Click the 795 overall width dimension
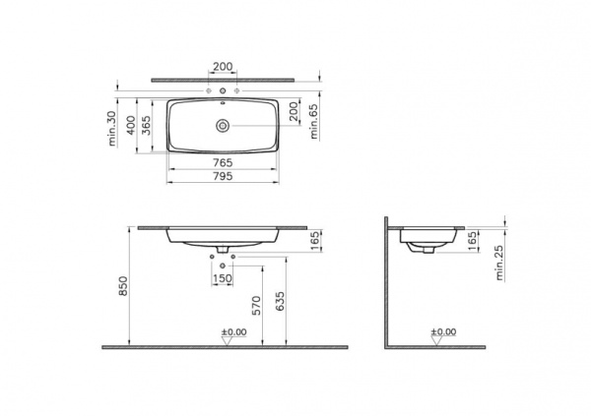pyautogui.click(x=223, y=176)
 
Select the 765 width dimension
pyautogui.click(x=223, y=160)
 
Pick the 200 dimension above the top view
pyautogui.click(x=223, y=67)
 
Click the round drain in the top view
pyautogui.click(x=223, y=125)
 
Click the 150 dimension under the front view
pyautogui.click(x=224, y=279)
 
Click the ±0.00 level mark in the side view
pyautogui.click(x=445, y=332)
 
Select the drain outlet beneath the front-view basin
pyautogui.click(x=223, y=248)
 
